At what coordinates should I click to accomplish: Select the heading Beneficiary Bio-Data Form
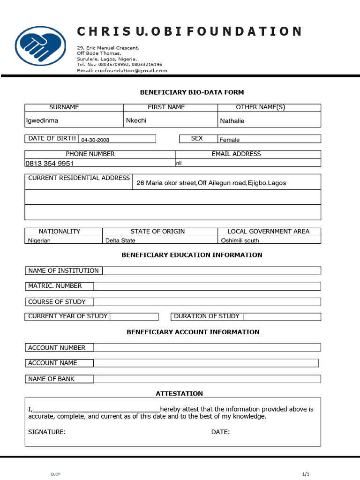click(x=192, y=92)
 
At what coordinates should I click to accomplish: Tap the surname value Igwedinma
click(x=42, y=120)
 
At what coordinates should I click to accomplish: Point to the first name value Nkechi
click(x=136, y=120)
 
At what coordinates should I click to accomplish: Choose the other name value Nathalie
click(x=232, y=121)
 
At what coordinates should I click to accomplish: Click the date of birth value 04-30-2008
click(x=95, y=140)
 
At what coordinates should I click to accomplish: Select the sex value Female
click(x=230, y=140)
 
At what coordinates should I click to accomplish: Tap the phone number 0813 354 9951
click(x=49, y=164)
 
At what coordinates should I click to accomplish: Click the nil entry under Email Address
click(x=179, y=163)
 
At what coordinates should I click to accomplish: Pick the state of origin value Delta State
click(x=120, y=240)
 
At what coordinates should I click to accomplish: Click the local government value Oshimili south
click(x=240, y=240)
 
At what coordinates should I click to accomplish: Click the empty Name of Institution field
click(x=211, y=270)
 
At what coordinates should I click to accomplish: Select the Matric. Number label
click(x=55, y=286)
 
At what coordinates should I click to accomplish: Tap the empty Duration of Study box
click(x=282, y=316)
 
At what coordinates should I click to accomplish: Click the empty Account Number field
click(x=207, y=347)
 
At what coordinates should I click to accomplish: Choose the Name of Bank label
click(x=51, y=379)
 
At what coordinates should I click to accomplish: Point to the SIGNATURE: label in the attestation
click(x=47, y=432)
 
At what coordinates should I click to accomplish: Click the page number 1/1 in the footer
click(x=306, y=474)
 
